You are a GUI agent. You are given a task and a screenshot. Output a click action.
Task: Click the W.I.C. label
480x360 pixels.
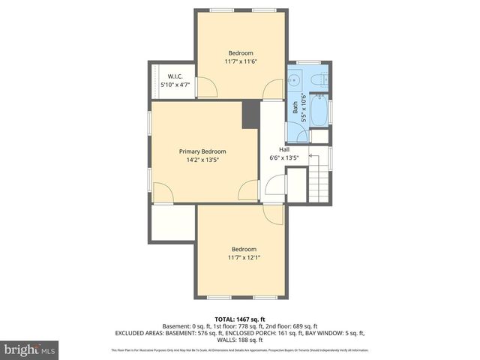[x=175, y=76]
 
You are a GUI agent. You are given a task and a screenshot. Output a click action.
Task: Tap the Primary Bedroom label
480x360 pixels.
[x=202, y=151]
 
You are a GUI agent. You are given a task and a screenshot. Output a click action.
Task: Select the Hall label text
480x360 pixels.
[x=284, y=149]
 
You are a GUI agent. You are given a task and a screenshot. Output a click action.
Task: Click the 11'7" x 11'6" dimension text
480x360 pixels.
[x=241, y=61]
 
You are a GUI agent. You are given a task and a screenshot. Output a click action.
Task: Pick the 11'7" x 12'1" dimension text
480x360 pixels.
[x=244, y=257]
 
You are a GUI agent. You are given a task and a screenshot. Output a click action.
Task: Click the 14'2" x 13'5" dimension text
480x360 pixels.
[x=202, y=159]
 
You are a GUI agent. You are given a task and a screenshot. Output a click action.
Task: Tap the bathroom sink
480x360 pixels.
[x=295, y=79]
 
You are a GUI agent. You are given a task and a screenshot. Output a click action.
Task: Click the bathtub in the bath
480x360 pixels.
[x=319, y=110]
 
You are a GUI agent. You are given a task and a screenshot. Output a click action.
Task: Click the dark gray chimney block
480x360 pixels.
[x=250, y=114]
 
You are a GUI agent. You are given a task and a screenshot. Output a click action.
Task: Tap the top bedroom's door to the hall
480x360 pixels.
[x=274, y=90]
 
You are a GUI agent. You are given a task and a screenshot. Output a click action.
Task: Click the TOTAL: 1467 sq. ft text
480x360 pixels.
[x=239, y=319]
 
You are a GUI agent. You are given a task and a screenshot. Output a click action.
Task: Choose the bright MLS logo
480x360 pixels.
[x=30, y=349]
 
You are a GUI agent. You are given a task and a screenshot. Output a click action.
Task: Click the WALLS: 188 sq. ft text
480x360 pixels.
[x=240, y=340]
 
